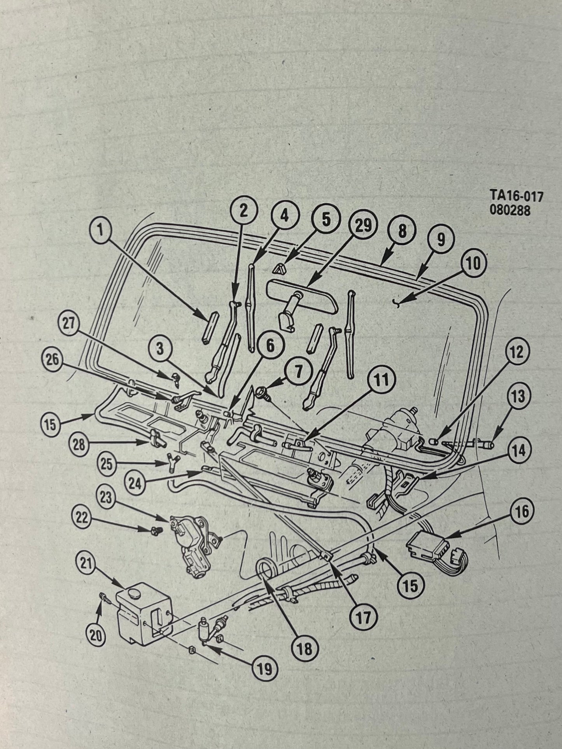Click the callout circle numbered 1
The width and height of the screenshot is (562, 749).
tap(100, 231)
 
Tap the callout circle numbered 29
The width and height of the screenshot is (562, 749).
tap(363, 226)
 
